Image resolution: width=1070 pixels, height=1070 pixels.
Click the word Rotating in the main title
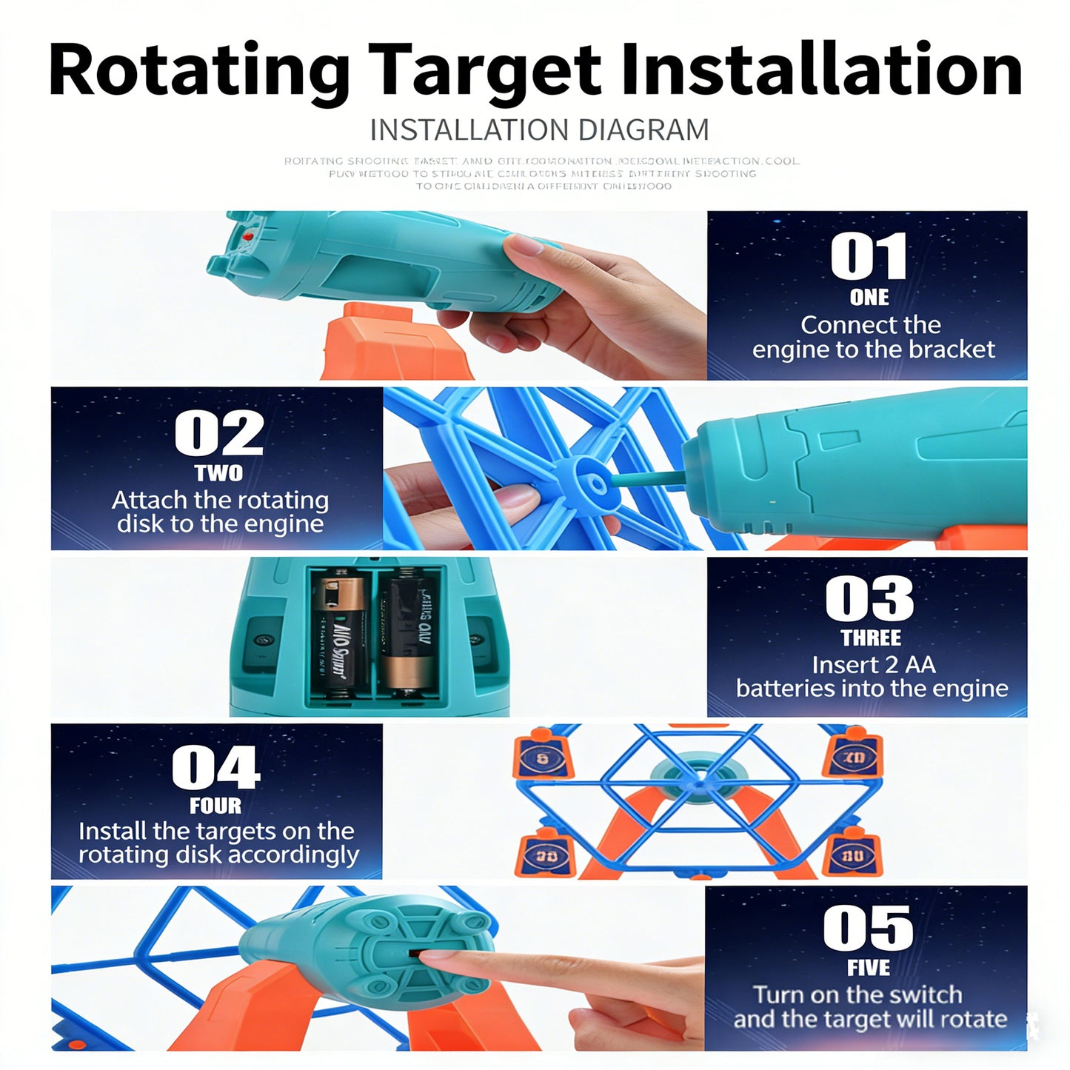click(x=198, y=71)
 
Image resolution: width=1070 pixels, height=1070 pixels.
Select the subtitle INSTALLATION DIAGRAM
click(x=539, y=130)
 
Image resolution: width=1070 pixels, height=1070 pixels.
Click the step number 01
click(x=868, y=256)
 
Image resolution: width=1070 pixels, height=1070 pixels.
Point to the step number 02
click(x=218, y=433)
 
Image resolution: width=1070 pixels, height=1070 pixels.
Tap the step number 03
click(x=869, y=598)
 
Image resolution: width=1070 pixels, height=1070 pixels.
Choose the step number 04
click(x=215, y=767)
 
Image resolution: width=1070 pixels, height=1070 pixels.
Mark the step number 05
click(x=868, y=928)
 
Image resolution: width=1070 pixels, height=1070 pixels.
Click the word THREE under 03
click(x=871, y=638)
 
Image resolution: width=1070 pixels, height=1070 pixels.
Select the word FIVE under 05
click(x=869, y=968)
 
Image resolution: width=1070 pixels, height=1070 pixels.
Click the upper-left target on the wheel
click(x=543, y=757)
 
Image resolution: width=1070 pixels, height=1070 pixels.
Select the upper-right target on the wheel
click(x=853, y=757)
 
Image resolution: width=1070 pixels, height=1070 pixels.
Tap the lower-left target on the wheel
click(x=546, y=855)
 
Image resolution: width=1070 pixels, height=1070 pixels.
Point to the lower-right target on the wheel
click(x=852, y=855)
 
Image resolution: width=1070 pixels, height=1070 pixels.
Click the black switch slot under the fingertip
click(x=415, y=954)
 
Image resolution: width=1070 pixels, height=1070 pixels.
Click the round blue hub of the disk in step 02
click(x=595, y=483)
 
